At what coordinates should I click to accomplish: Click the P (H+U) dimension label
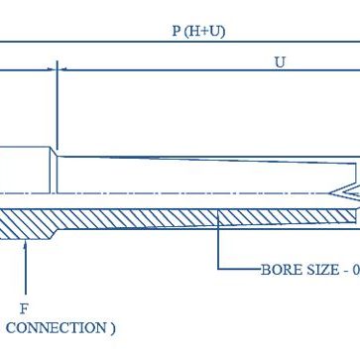click(197, 31)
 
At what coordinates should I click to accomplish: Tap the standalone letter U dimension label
click(280, 61)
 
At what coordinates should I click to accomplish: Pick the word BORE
click(279, 269)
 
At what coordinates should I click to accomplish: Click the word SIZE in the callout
click(319, 269)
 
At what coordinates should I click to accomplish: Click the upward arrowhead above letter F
click(24, 244)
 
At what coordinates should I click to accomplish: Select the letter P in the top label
click(176, 31)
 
